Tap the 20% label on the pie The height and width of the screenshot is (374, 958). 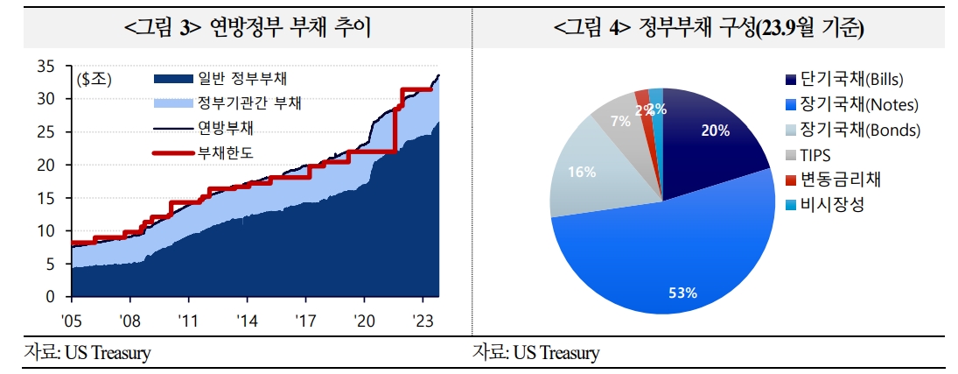click(716, 131)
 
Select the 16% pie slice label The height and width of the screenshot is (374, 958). click(582, 172)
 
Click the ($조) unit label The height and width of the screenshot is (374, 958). click(94, 79)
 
